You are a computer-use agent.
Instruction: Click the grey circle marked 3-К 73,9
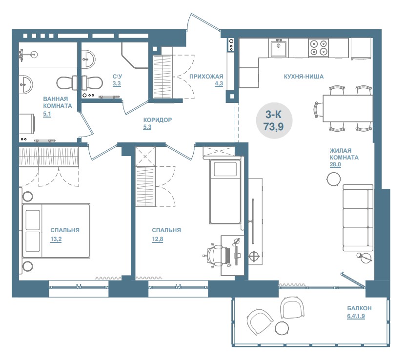click(x=274, y=120)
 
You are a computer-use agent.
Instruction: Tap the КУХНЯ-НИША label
click(x=304, y=77)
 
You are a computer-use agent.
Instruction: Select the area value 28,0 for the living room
click(x=335, y=164)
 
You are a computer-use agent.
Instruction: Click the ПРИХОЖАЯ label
click(x=206, y=77)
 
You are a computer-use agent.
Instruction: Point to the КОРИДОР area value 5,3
click(x=147, y=127)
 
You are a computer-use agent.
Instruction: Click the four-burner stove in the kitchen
click(x=319, y=48)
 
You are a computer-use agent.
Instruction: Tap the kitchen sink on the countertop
click(x=279, y=48)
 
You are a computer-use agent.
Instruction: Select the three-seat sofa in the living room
click(x=358, y=218)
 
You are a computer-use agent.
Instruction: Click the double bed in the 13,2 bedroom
click(x=56, y=231)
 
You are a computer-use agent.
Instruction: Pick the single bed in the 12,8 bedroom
click(x=225, y=191)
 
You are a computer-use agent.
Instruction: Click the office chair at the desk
click(x=217, y=255)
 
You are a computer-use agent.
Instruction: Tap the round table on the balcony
click(x=282, y=328)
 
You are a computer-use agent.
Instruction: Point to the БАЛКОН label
click(x=359, y=308)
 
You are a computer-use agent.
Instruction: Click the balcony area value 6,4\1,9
click(x=356, y=316)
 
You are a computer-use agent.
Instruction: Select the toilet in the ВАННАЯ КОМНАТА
click(x=67, y=83)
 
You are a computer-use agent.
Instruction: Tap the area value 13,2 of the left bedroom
click(x=56, y=239)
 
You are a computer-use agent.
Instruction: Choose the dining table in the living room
click(x=348, y=108)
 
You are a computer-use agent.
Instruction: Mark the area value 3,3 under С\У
click(x=117, y=83)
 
